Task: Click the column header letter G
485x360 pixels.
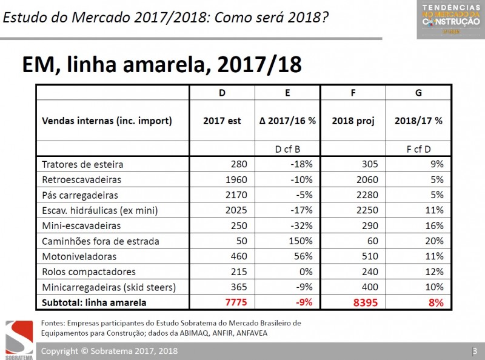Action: click(x=419, y=93)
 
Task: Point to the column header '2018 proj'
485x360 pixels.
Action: click(x=353, y=121)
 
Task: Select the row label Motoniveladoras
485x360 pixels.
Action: click(x=79, y=256)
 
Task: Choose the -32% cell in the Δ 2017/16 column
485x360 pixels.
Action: click(x=301, y=225)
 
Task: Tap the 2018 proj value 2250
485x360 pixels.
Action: click(x=366, y=210)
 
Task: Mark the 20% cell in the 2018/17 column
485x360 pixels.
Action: click(x=433, y=241)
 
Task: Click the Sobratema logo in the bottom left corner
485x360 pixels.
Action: click(x=19, y=339)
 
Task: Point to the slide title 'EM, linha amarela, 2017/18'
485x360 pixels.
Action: click(x=162, y=64)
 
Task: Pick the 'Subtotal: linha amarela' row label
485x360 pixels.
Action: click(x=94, y=302)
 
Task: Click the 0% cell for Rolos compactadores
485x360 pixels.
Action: click(x=305, y=272)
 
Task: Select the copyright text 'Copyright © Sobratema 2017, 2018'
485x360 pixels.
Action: click(x=109, y=352)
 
